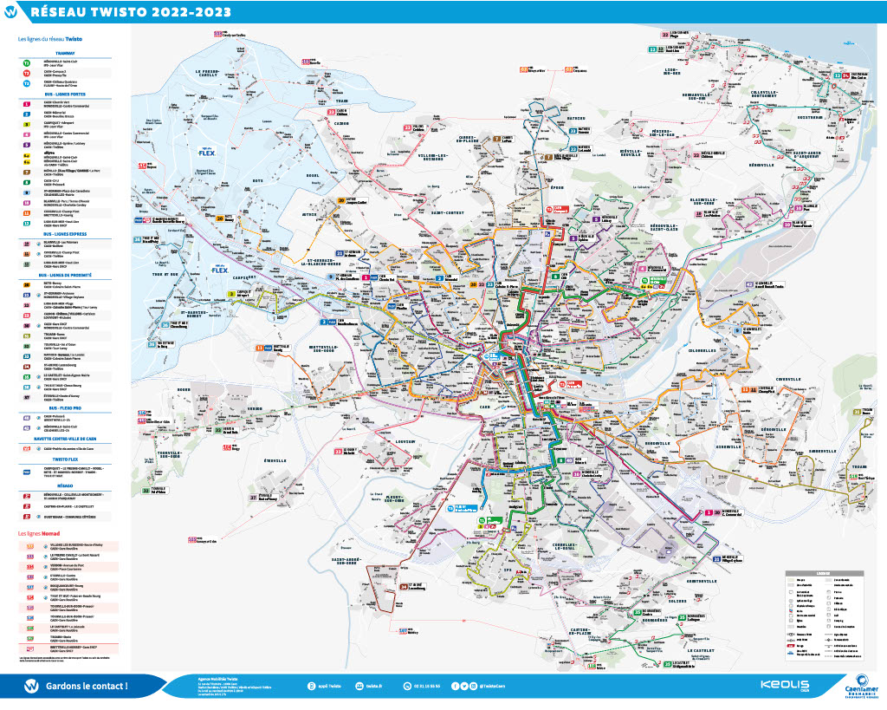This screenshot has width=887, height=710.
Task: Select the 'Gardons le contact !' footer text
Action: (x=87, y=686)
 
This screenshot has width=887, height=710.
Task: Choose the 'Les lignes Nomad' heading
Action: (x=38, y=532)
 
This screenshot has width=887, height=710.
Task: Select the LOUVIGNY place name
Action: (x=405, y=442)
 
